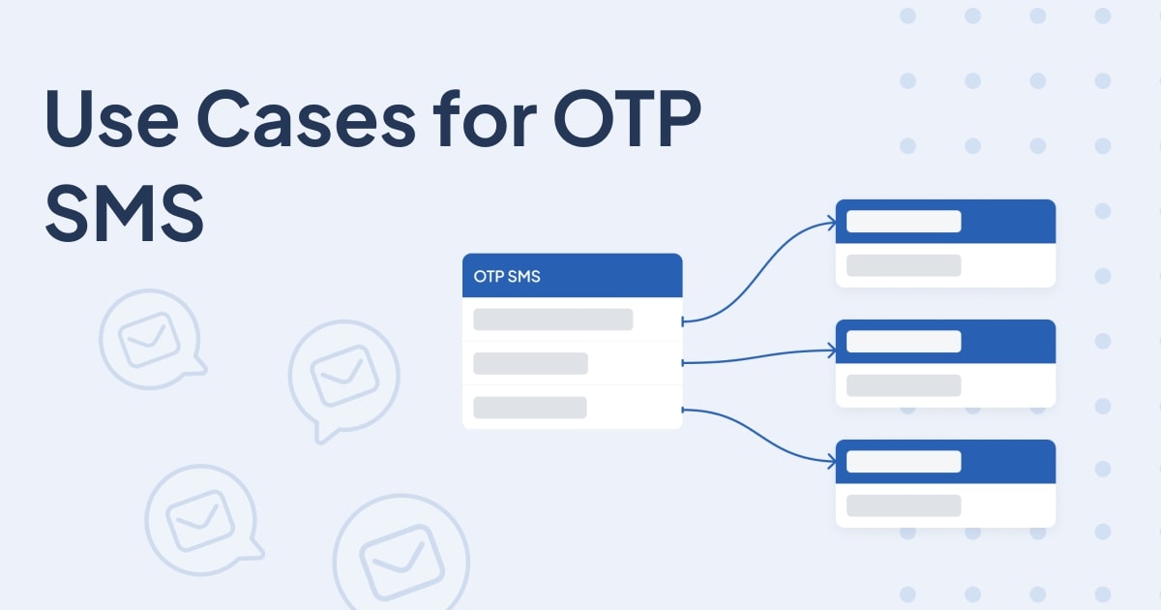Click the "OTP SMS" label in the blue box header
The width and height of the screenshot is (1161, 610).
click(507, 276)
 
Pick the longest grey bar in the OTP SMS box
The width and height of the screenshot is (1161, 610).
click(552, 320)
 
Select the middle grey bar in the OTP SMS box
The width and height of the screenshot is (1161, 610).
click(530, 363)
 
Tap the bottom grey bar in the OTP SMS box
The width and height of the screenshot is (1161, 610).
click(529, 408)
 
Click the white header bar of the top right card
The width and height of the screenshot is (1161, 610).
click(903, 222)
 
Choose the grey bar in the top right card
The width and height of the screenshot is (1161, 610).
click(903, 265)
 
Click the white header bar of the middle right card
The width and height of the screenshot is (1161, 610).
click(903, 342)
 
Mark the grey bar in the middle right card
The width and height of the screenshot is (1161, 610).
click(903, 385)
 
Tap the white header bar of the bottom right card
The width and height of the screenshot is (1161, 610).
click(903, 462)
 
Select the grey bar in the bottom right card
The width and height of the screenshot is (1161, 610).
click(903, 505)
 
